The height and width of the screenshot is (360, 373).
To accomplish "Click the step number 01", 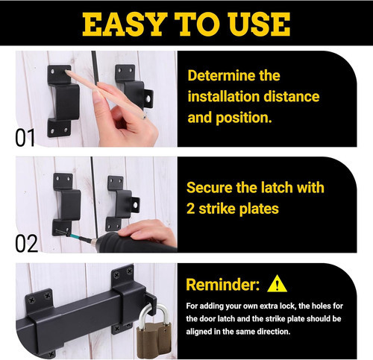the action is pyautogui.click(x=25, y=138).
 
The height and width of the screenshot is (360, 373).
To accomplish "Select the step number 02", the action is pyautogui.click(x=26, y=244).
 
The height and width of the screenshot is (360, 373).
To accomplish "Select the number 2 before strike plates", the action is pyautogui.click(x=190, y=209).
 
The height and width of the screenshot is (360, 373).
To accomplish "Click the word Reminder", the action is pyautogui.click(x=223, y=285).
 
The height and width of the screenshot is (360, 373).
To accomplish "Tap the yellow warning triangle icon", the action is pyautogui.click(x=277, y=283).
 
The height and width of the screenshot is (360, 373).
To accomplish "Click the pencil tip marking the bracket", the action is pyautogui.click(x=66, y=72).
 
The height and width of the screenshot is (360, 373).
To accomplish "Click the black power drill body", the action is pyautogui.click(x=136, y=244).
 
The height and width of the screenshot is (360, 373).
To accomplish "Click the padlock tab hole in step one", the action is pyautogui.click(x=148, y=98).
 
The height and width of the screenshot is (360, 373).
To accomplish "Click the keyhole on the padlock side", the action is pyautogui.click(x=166, y=330).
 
